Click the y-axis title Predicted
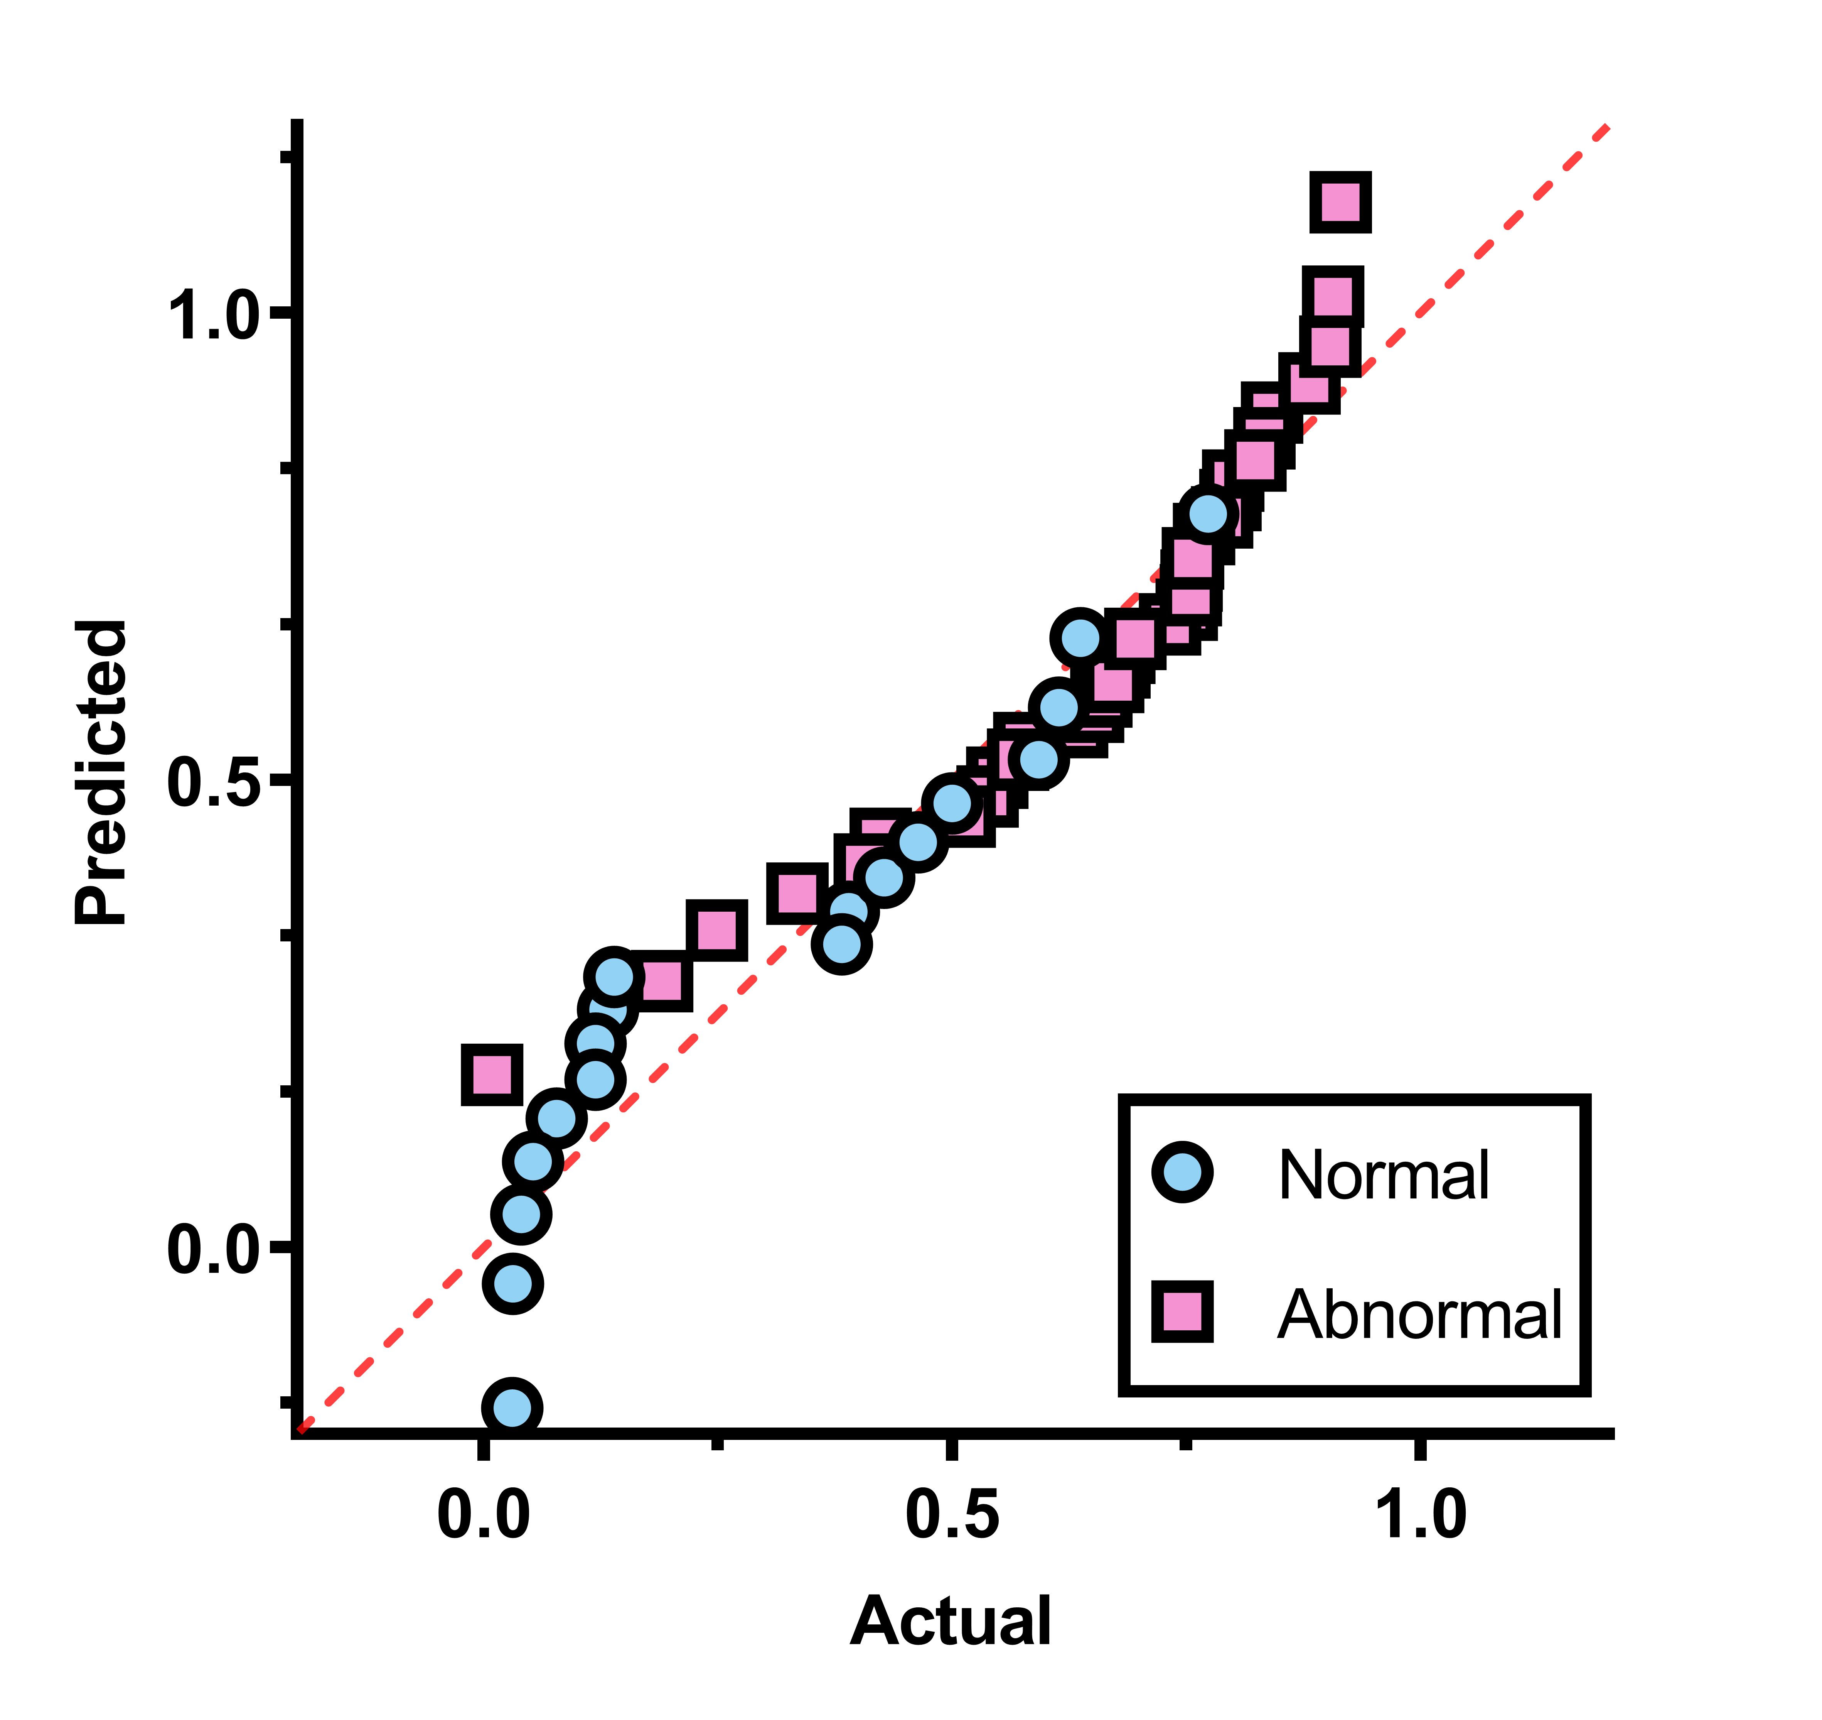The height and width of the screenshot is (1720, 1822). click(101, 772)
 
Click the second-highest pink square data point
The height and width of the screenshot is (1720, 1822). click(1332, 297)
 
